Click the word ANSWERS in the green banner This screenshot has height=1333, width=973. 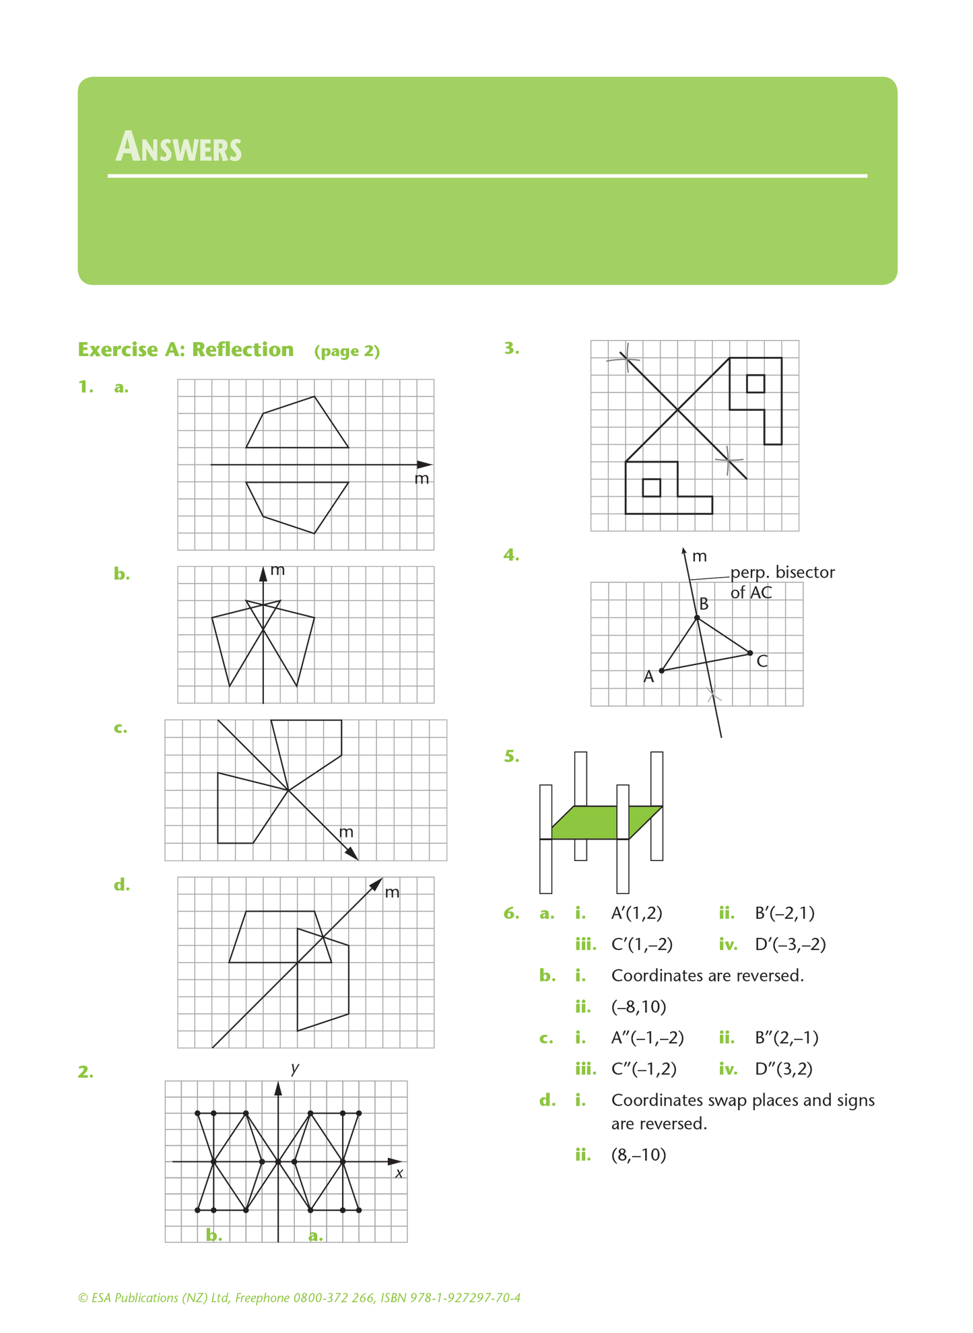(178, 147)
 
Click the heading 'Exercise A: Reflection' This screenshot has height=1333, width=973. (186, 349)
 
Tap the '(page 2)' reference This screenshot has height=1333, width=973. (347, 351)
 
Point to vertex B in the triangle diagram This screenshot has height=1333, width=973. (697, 617)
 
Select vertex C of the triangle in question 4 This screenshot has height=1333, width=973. (750, 652)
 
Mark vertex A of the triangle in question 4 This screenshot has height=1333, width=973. (661, 671)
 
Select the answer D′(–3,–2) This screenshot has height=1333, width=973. (790, 945)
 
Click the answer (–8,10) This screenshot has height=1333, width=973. (638, 1006)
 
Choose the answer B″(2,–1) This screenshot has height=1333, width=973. (786, 1037)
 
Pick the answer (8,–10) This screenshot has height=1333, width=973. (638, 1155)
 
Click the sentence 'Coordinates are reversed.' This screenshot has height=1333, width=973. (707, 976)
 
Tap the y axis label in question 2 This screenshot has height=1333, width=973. (295, 1068)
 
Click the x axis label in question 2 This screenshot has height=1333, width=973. (399, 1173)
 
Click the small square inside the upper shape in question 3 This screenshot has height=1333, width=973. (756, 383)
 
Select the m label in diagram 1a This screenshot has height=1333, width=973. (422, 479)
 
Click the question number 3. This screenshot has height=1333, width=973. (512, 348)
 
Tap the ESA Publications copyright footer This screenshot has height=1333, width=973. (299, 1298)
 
